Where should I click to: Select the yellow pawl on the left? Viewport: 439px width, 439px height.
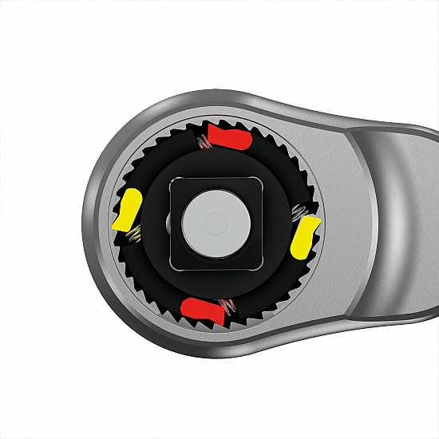click(127, 211)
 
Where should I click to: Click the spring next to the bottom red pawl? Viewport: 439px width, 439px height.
click(229, 306)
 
